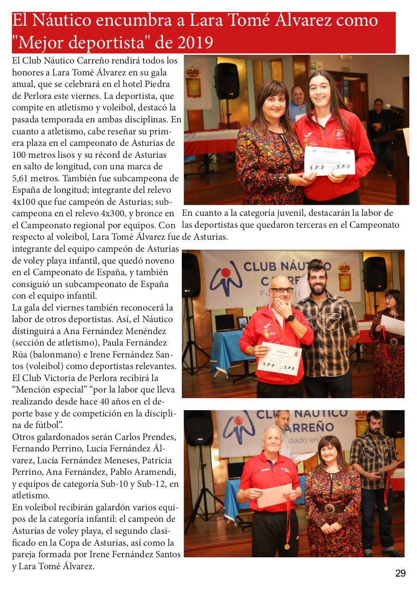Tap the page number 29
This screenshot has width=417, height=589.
pyautogui.click(x=400, y=573)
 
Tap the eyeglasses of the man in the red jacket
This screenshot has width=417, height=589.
pyautogui.click(x=282, y=290)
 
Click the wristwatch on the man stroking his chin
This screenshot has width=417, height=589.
pyautogui.click(x=290, y=318)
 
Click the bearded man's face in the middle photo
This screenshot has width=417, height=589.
pyautogui.click(x=317, y=281)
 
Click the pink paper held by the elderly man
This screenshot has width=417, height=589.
pyautogui.click(x=274, y=496)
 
